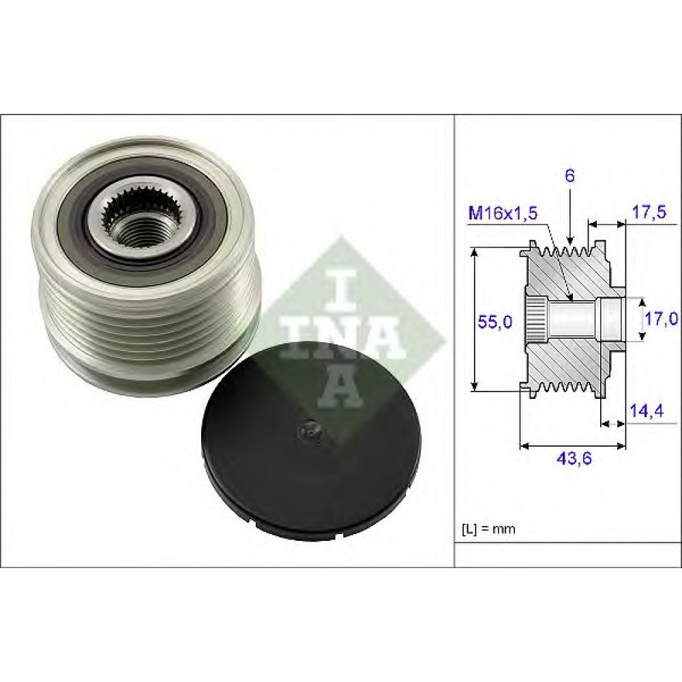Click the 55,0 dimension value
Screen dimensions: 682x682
coord(495,322)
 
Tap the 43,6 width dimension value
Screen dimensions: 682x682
coord(574,458)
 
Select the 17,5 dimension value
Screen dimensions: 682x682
coord(648,213)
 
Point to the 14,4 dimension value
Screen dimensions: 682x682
coord(647,411)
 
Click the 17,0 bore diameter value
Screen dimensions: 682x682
coord(661,319)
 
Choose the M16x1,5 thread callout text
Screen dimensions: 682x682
coord(503,213)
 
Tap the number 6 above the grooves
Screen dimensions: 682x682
coord(569,176)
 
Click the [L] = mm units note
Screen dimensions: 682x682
coord(488,529)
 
